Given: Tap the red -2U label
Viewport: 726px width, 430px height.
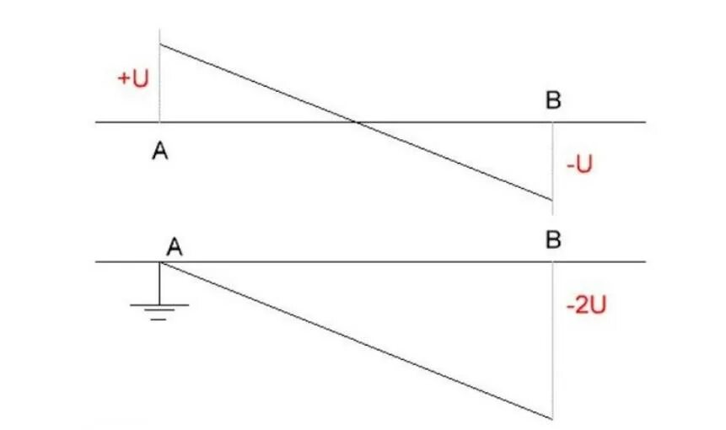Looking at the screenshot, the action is pos(586,304).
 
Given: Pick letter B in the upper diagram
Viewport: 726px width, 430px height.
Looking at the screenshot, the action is pos(553,101).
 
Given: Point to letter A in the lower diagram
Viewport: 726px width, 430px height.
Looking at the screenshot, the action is pos(175,246).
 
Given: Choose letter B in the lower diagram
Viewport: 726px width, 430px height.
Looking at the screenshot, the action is pos(553,239).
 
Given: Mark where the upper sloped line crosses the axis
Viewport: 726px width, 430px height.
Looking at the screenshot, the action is pos(358,122).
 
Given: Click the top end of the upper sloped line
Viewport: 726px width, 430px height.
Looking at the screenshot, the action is pos(160,44).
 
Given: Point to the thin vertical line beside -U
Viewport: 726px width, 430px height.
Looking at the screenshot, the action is pos(552,164).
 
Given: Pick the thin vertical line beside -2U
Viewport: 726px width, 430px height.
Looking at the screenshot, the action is pos(552,337).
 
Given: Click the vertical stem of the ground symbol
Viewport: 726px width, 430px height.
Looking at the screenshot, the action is pos(159,282).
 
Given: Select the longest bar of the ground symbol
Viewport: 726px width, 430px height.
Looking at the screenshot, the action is pos(159,304).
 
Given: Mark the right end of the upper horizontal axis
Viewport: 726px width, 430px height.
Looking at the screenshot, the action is pos(645,122).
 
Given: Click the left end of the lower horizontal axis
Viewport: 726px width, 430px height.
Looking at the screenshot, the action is pos(96,262).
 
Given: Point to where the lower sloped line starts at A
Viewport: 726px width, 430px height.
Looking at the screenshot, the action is pos(160,262).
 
